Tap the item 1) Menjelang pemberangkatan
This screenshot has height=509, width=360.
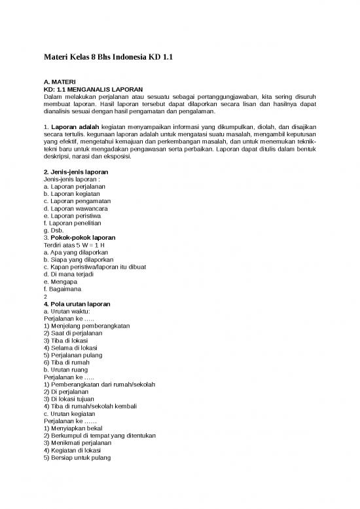pyautogui.click(x=86, y=326)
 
